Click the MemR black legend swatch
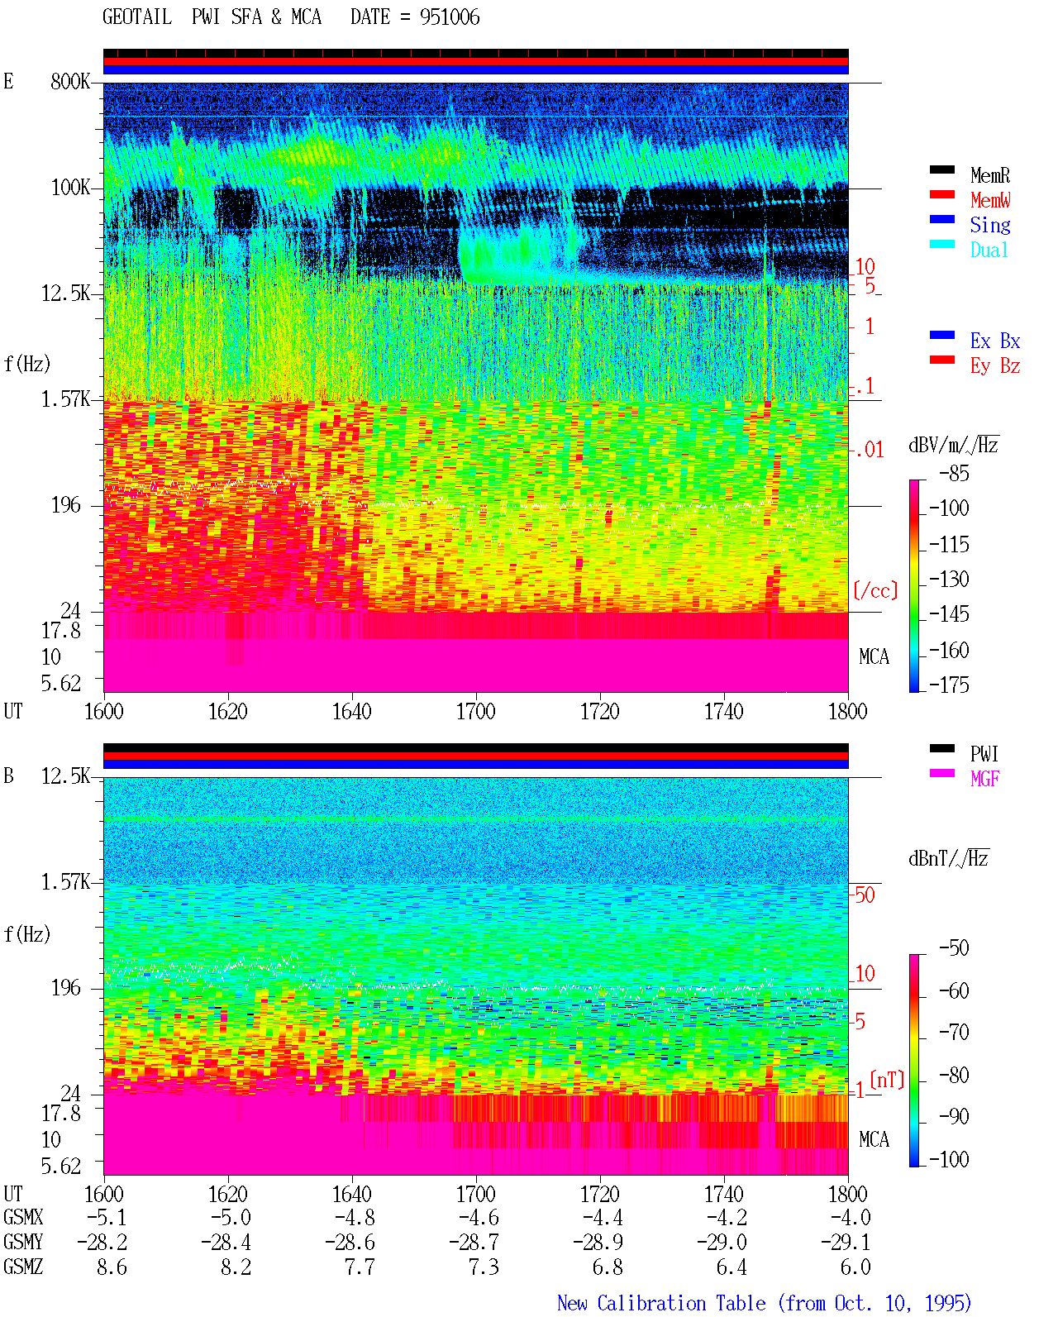coord(941,169)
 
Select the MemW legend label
coord(990,200)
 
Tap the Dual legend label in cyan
coord(989,250)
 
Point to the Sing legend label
coord(989,225)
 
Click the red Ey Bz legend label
coord(994,366)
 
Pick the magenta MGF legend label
coord(984,779)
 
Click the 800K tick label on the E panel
coord(69,81)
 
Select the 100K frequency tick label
coord(69,188)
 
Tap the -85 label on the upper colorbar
coord(954,473)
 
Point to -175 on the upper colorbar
coord(949,685)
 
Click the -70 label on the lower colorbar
coord(954,1032)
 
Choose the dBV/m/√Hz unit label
coord(954,445)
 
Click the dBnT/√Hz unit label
coord(949,859)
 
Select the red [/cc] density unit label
coord(875,590)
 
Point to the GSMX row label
coord(23,1218)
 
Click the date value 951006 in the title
coord(450,17)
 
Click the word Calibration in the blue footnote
coord(681,1303)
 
